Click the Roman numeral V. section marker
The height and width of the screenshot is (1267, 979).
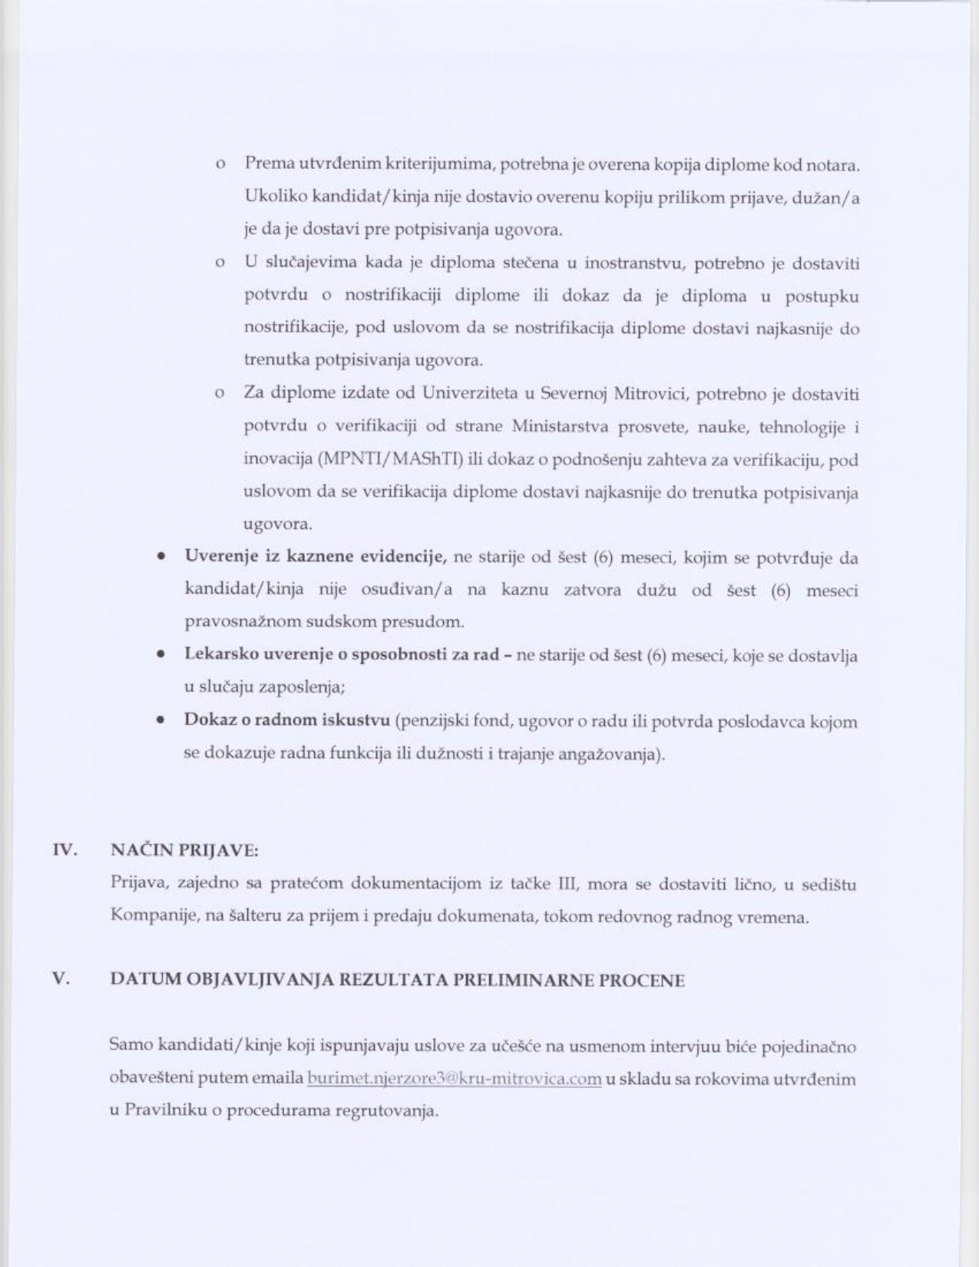click(61, 980)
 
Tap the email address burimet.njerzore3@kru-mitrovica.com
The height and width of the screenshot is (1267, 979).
click(454, 1079)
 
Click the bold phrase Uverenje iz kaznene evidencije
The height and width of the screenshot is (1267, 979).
click(316, 557)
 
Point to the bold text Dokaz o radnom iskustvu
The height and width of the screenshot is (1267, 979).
click(286, 720)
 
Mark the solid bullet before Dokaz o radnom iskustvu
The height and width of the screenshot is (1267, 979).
click(160, 721)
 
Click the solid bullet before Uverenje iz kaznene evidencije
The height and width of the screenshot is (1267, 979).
click(160, 557)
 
